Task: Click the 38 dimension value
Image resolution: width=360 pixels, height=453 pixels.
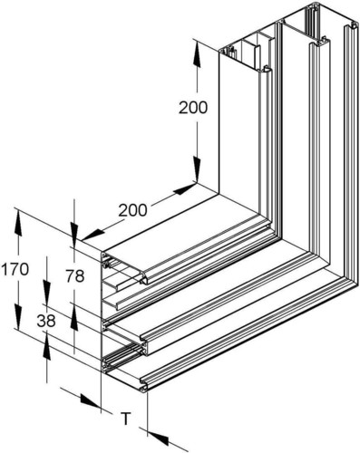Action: (x=45, y=320)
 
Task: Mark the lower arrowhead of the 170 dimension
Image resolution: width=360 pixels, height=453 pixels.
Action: (x=17, y=327)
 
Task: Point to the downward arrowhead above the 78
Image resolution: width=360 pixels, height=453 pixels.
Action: (x=73, y=235)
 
